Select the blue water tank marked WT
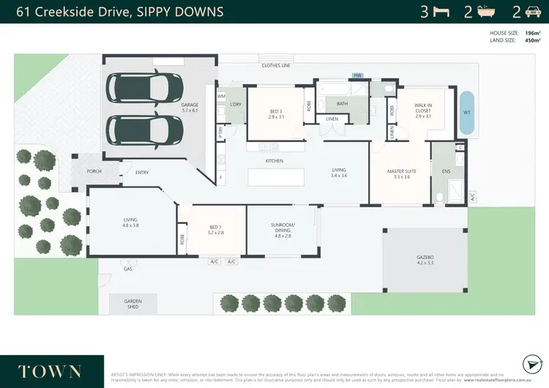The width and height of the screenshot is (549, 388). click(466, 112)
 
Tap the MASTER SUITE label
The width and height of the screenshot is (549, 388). click(402, 174)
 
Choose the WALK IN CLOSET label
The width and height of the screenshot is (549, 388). click(423, 109)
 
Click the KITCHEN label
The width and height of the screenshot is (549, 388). click(274, 160)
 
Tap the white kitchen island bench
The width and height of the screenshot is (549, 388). click(275, 178)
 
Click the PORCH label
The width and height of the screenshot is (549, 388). click(94, 172)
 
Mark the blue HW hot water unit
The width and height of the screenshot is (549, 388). click(358, 75)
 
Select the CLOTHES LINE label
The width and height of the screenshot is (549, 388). click(276, 66)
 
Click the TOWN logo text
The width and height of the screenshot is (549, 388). click(51, 370)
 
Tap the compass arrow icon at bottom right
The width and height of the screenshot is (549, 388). click(531, 365)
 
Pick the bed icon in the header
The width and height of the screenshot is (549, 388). click(441, 12)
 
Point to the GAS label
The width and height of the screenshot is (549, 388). click(127, 269)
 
